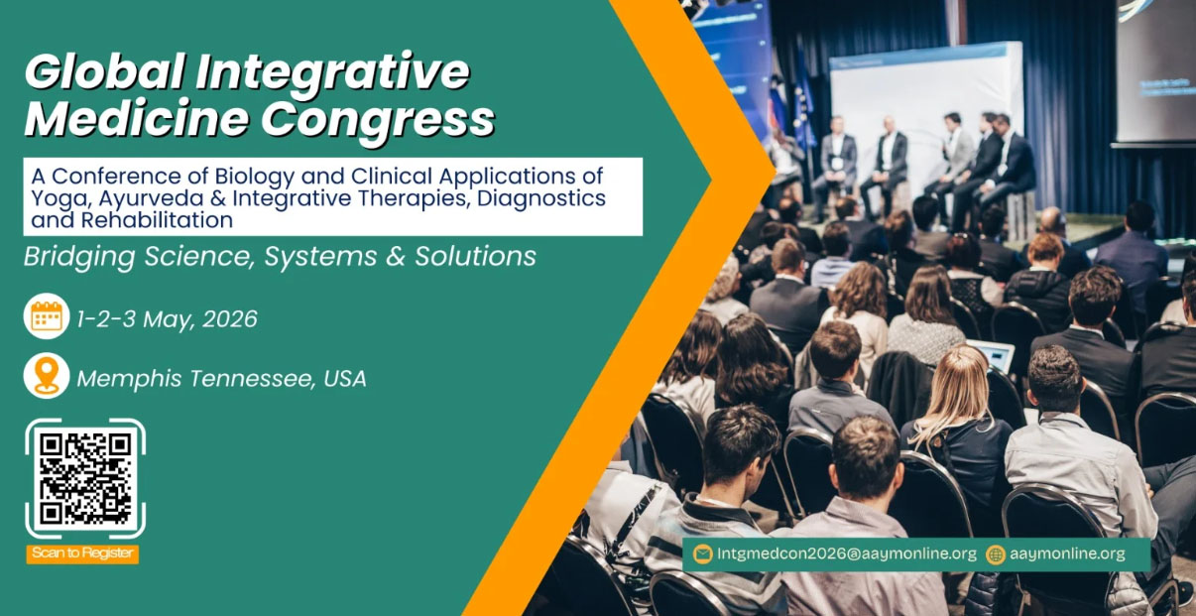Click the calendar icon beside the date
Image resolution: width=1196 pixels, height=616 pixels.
click(x=47, y=316)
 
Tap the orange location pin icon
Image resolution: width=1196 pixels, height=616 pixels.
click(x=47, y=376)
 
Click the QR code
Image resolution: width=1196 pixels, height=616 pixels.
click(x=85, y=479)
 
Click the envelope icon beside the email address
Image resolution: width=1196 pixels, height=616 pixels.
click(x=702, y=554)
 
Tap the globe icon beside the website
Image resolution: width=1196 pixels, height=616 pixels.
click(x=996, y=554)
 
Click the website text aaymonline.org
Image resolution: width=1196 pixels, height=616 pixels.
click(x=1068, y=554)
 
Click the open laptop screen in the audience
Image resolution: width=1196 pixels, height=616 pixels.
click(x=992, y=354)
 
